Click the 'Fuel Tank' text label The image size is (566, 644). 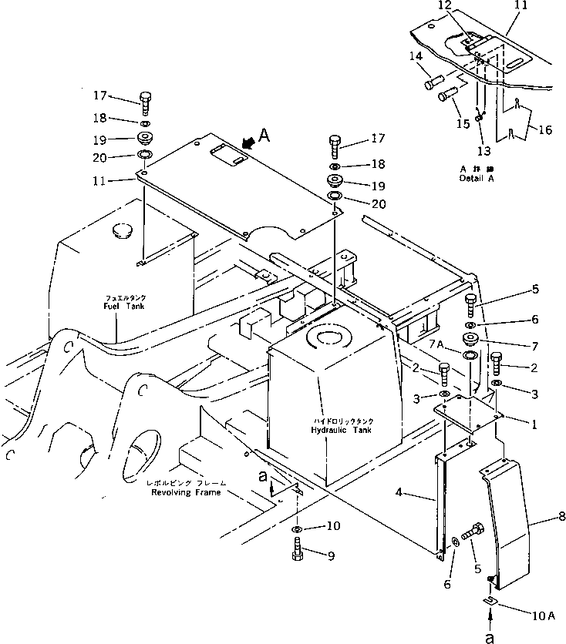[126, 306]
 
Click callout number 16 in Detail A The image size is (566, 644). [544, 130]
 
